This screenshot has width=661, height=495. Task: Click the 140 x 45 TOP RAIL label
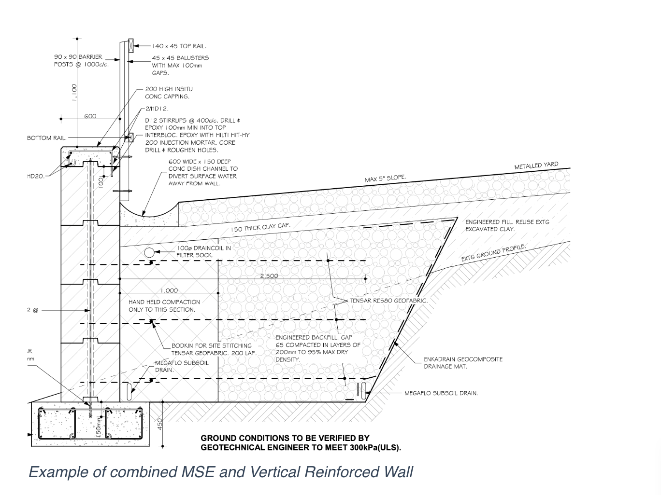(x=179, y=46)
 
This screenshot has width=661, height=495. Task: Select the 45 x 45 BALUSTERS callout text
(x=180, y=65)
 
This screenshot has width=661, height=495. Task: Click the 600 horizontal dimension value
(x=90, y=116)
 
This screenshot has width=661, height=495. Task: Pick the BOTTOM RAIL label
(x=46, y=138)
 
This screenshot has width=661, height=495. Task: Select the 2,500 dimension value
(x=269, y=276)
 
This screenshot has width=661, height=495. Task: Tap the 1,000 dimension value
(x=169, y=290)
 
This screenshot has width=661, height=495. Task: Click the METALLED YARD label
(x=536, y=166)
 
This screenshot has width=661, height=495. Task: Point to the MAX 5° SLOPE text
(x=385, y=179)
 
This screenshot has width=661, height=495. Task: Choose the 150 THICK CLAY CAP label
(x=260, y=227)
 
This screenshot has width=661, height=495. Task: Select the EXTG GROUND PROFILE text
(x=493, y=253)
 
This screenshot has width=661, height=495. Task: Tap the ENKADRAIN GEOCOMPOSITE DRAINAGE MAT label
(x=463, y=363)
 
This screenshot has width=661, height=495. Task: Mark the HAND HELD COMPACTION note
(x=164, y=306)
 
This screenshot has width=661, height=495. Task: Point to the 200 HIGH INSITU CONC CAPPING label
(x=169, y=93)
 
